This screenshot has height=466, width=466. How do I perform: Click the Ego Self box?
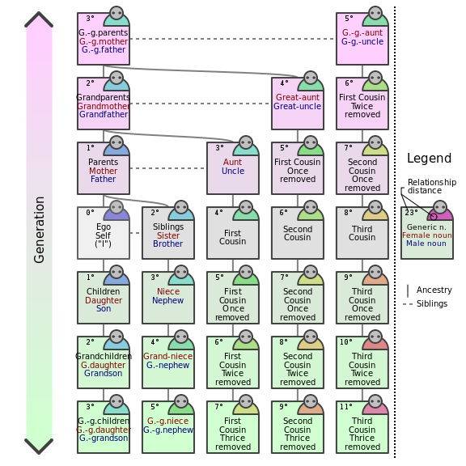click(x=104, y=233)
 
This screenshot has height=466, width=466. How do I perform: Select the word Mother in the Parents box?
click(x=103, y=171)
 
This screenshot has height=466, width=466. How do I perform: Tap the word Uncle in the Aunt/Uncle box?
click(x=233, y=171)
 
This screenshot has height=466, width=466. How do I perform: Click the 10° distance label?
click(x=346, y=342)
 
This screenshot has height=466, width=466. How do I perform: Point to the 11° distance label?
click(x=346, y=407)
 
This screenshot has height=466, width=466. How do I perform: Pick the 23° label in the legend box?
click(x=411, y=213)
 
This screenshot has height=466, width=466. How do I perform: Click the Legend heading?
click(x=429, y=158)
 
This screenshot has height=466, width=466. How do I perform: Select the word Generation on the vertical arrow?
click(x=39, y=230)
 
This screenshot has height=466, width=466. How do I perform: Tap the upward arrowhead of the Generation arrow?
click(x=39, y=19)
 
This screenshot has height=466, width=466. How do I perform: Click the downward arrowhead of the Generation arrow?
click(x=39, y=447)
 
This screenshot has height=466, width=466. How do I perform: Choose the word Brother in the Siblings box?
click(x=168, y=244)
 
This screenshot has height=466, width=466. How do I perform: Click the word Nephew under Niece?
click(x=168, y=300)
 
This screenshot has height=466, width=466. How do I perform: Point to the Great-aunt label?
click(x=298, y=97)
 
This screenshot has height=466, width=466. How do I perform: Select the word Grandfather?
click(x=104, y=114)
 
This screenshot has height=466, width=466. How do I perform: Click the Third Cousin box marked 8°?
click(x=362, y=233)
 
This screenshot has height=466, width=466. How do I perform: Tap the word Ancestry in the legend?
click(x=434, y=290)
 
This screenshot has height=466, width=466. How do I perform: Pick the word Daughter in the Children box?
click(x=104, y=300)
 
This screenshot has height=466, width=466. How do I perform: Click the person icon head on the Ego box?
click(x=116, y=207)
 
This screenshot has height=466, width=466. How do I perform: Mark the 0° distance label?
click(x=90, y=213)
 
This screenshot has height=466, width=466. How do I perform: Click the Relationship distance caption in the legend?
click(x=432, y=186)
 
